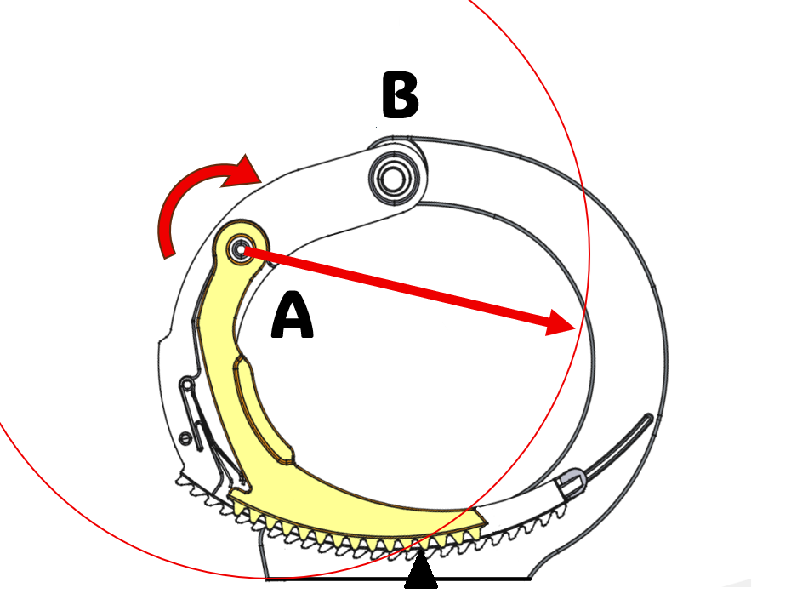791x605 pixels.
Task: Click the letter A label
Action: point(292,316)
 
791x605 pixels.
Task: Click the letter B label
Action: point(400,95)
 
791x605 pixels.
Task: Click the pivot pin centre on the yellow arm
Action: point(240,248)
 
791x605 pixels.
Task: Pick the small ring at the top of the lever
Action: point(187,385)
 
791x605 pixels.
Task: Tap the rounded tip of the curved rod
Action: point(648,419)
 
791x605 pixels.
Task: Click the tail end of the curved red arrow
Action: point(169,254)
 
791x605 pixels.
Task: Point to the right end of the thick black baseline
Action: point(529,579)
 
